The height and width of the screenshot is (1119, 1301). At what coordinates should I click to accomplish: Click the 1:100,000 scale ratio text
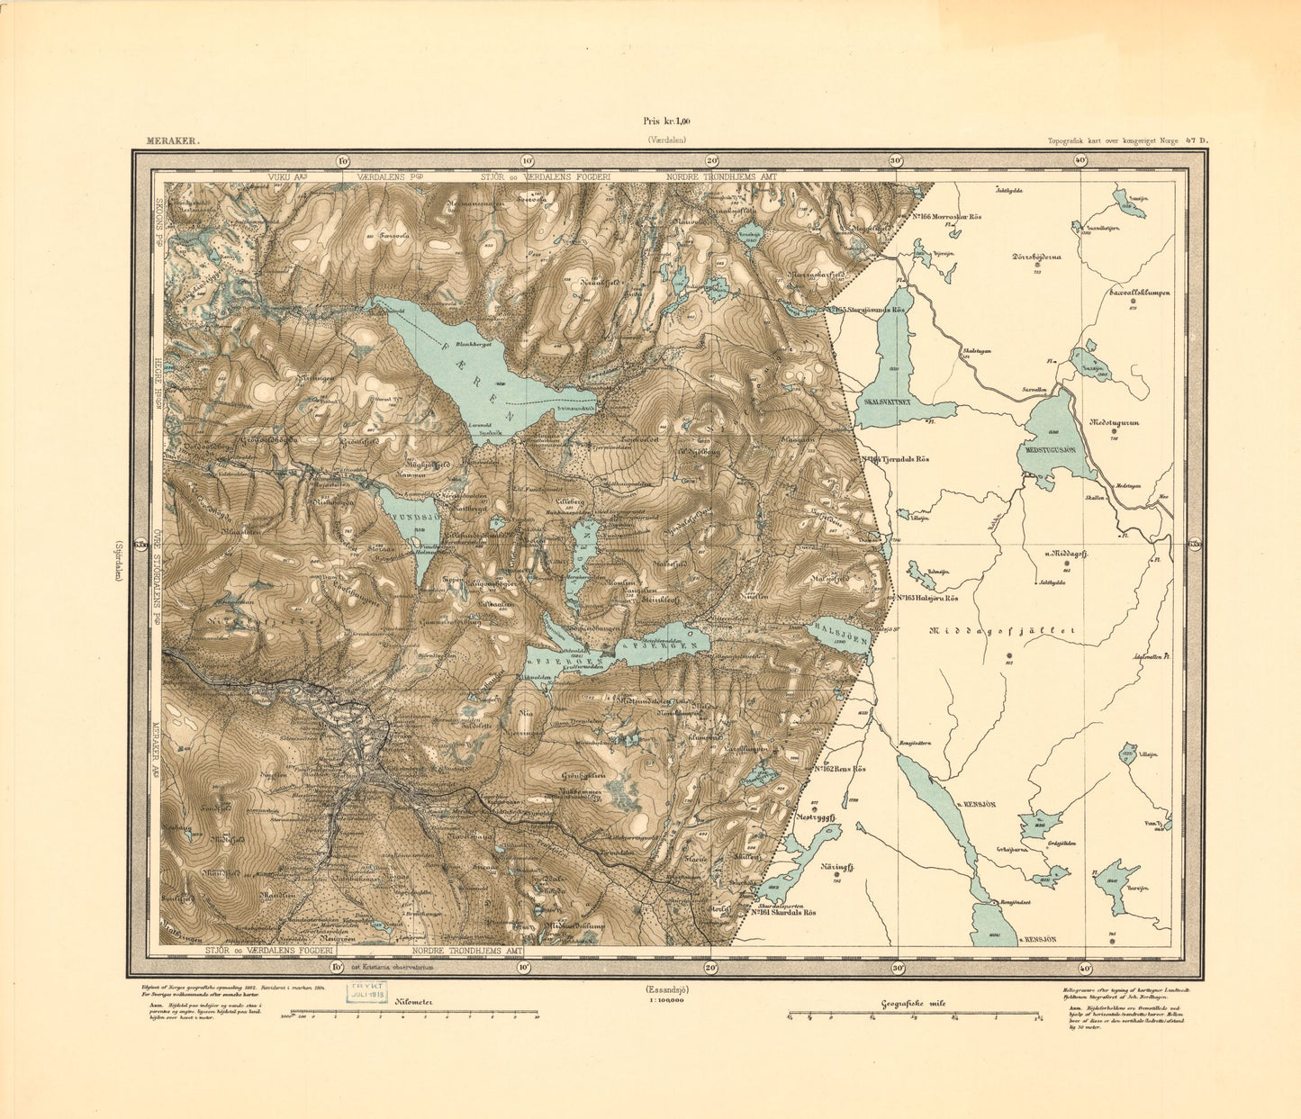665,1000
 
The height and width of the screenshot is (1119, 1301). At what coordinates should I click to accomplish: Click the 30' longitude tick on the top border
896,160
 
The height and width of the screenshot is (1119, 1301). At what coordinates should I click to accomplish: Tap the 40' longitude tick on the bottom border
1082,969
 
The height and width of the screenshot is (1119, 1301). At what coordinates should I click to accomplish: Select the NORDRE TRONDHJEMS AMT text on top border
721,177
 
